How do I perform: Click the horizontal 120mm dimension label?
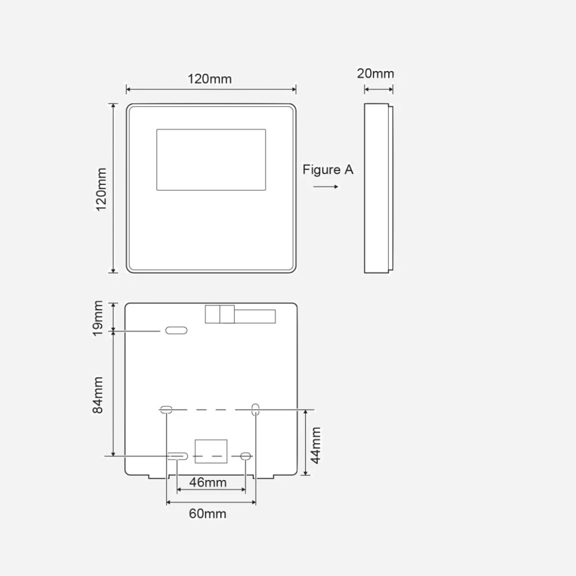click(x=210, y=79)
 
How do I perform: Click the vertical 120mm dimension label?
click(x=101, y=189)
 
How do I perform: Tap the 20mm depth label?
click(x=375, y=74)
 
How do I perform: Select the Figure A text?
click(x=328, y=170)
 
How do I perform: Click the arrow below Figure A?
click(x=326, y=187)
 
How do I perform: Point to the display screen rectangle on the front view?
click(x=211, y=160)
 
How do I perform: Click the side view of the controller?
click(x=379, y=188)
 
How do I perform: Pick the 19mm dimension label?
click(x=98, y=318)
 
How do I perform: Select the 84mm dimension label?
click(x=98, y=395)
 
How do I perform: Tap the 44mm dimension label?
click(x=316, y=445)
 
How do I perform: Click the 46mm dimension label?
click(x=208, y=482)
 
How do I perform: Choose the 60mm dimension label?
click(x=207, y=514)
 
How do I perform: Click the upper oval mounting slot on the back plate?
click(x=177, y=331)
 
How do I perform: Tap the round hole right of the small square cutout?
click(x=245, y=456)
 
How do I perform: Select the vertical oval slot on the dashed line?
click(x=255, y=409)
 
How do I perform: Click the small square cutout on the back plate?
click(x=211, y=451)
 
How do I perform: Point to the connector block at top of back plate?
click(x=240, y=315)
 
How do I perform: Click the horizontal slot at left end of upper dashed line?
click(x=166, y=409)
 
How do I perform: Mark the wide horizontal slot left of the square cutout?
click(x=178, y=456)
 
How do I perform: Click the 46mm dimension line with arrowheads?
click(x=211, y=490)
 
